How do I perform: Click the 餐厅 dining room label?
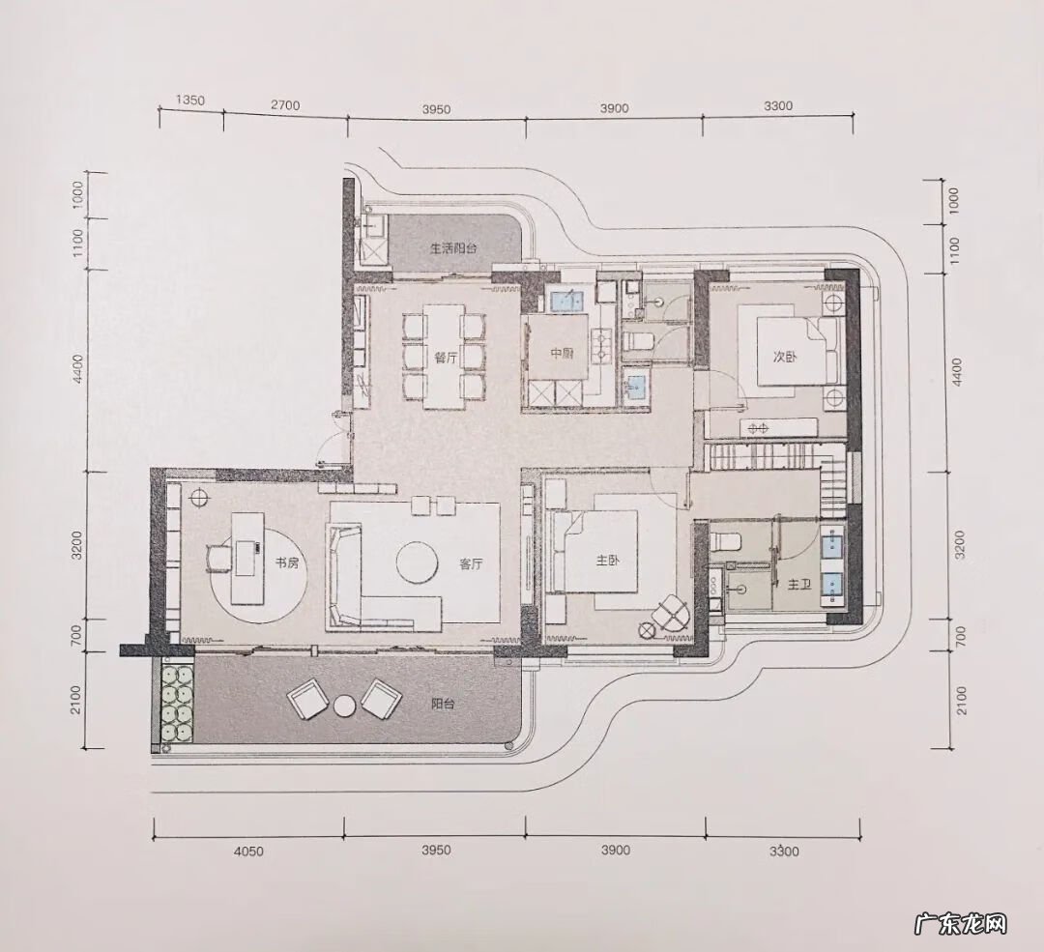pyautogui.click(x=446, y=357)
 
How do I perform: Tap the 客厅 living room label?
pyautogui.click(x=471, y=565)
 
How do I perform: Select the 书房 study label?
pyautogui.click(x=286, y=563)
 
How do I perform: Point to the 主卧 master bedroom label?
pyautogui.click(x=607, y=559)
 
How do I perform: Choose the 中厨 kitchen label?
pyautogui.click(x=563, y=354)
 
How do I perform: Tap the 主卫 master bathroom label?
pyautogui.click(x=797, y=585)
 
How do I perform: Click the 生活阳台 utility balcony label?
pyautogui.click(x=453, y=248)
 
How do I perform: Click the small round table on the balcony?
pyautogui.click(x=344, y=706)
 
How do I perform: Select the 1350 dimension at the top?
pyautogui.click(x=189, y=101)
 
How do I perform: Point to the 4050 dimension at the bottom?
pyautogui.click(x=249, y=851)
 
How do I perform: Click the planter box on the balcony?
pyautogui.click(x=175, y=706)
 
